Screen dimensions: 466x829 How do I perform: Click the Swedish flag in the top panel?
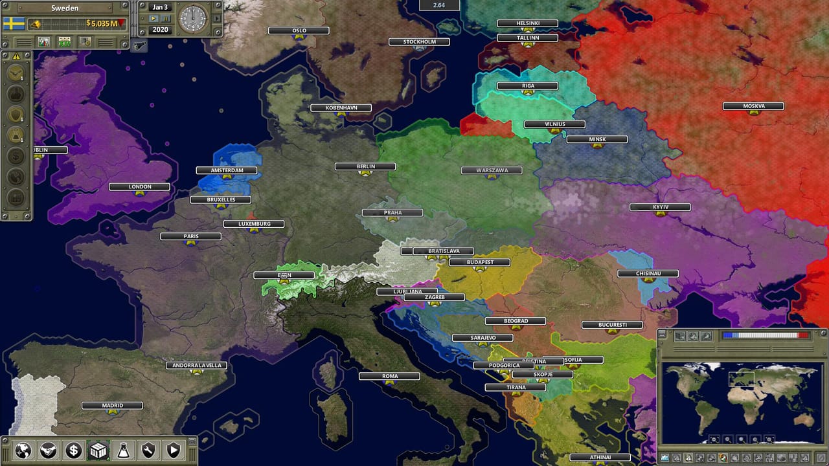pyautogui.click(x=14, y=24)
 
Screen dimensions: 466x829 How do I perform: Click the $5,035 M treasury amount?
pyautogui.click(x=102, y=24)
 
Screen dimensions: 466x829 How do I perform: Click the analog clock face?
pyautogui.click(x=192, y=19)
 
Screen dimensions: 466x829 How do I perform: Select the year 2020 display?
pyautogui.click(x=159, y=30)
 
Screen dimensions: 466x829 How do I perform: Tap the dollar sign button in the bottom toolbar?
pyautogui.click(x=73, y=450)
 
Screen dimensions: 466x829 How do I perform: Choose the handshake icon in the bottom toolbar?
pyautogui.click(x=49, y=450)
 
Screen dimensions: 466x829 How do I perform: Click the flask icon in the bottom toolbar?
pyautogui.click(x=123, y=450)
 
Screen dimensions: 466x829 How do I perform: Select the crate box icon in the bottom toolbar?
pyautogui.click(x=98, y=450)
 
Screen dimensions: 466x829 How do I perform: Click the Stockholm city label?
pyautogui.click(x=418, y=42)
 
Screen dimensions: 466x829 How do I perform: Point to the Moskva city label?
pyautogui.click(x=753, y=106)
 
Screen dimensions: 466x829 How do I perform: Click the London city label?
pyautogui.click(x=139, y=187)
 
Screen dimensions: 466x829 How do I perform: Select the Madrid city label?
pyautogui.click(x=112, y=406)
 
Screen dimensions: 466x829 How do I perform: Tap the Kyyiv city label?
pyautogui.click(x=660, y=207)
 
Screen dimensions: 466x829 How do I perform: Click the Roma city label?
pyautogui.click(x=389, y=376)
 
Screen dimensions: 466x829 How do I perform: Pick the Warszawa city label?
pyautogui.click(x=491, y=171)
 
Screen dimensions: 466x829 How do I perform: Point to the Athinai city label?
pyautogui.click(x=600, y=458)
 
